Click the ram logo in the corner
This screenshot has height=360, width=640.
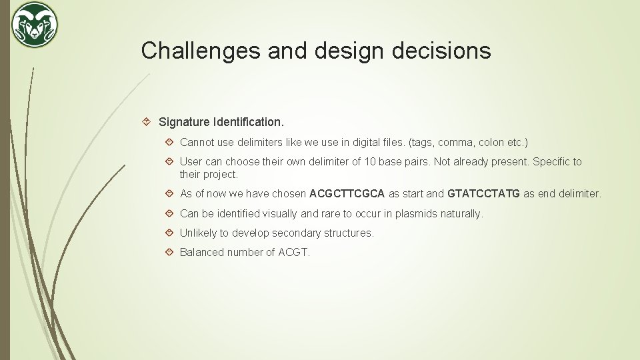coord(35,25)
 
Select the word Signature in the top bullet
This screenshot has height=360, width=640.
coord(184,123)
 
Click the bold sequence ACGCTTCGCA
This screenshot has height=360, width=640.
coord(347,194)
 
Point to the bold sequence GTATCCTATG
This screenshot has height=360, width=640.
coord(484,194)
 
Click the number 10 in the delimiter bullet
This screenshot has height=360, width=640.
coord(369,161)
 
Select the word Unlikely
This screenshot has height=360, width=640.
coord(199,233)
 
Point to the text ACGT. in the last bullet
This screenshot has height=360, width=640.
coord(294,252)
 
